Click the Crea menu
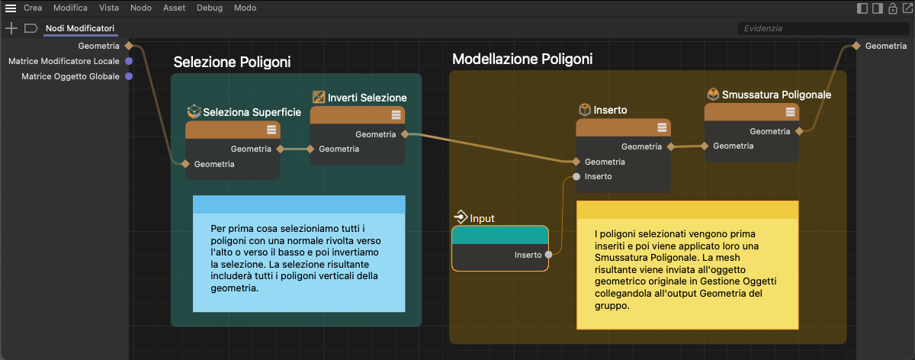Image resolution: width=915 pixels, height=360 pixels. coord(33,8)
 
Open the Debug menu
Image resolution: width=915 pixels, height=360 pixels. coord(210,8)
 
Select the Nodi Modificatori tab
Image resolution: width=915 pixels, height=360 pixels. coord(80,28)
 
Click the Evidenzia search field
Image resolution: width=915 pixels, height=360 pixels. coord(823,28)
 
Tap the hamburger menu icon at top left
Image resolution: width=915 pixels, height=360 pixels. coord(11,8)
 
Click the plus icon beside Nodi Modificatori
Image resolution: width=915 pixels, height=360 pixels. coord(11,28)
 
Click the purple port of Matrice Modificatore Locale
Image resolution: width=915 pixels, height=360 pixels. coord(129,61)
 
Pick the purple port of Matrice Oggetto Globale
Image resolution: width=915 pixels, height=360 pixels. coord(129,76)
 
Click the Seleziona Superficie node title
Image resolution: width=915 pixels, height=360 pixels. coord(252,112)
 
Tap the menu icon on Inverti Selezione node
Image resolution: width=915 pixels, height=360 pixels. coord(396,115)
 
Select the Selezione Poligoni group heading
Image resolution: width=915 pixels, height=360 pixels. coord(232,62)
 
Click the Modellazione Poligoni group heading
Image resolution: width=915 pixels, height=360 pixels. coord(522,59)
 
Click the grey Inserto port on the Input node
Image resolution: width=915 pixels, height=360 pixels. coord(548,255)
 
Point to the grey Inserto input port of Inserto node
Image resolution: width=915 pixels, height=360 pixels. coord(576,176)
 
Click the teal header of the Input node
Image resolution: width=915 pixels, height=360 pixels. coord(500,236)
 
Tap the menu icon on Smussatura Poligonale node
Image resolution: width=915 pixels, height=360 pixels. coord(791,111)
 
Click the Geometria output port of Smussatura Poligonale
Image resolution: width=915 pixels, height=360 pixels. coord(799,131)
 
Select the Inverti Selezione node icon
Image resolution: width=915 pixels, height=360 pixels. coord(319,98)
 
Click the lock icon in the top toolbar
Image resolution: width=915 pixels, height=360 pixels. coord(893,8)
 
